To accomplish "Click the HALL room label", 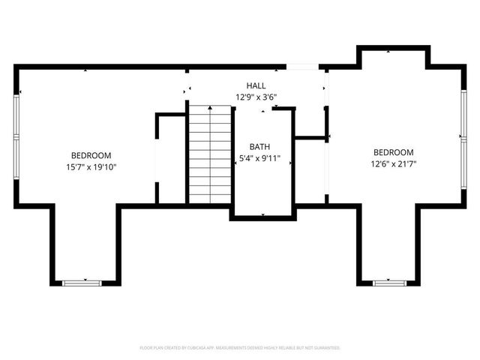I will (256, 86).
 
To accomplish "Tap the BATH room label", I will (260, 147).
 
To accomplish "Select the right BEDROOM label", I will (393, 151).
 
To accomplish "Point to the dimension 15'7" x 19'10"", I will (91, 167).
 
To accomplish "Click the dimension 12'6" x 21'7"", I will (393, 163).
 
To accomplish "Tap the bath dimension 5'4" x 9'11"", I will (260, 159).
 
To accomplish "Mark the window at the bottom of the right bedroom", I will (388, 283).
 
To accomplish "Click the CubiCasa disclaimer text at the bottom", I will (240, 348).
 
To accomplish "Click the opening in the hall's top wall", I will (301, 67).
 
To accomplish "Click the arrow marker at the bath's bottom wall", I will (262, 215).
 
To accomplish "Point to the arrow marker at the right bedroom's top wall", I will (388, 51).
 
